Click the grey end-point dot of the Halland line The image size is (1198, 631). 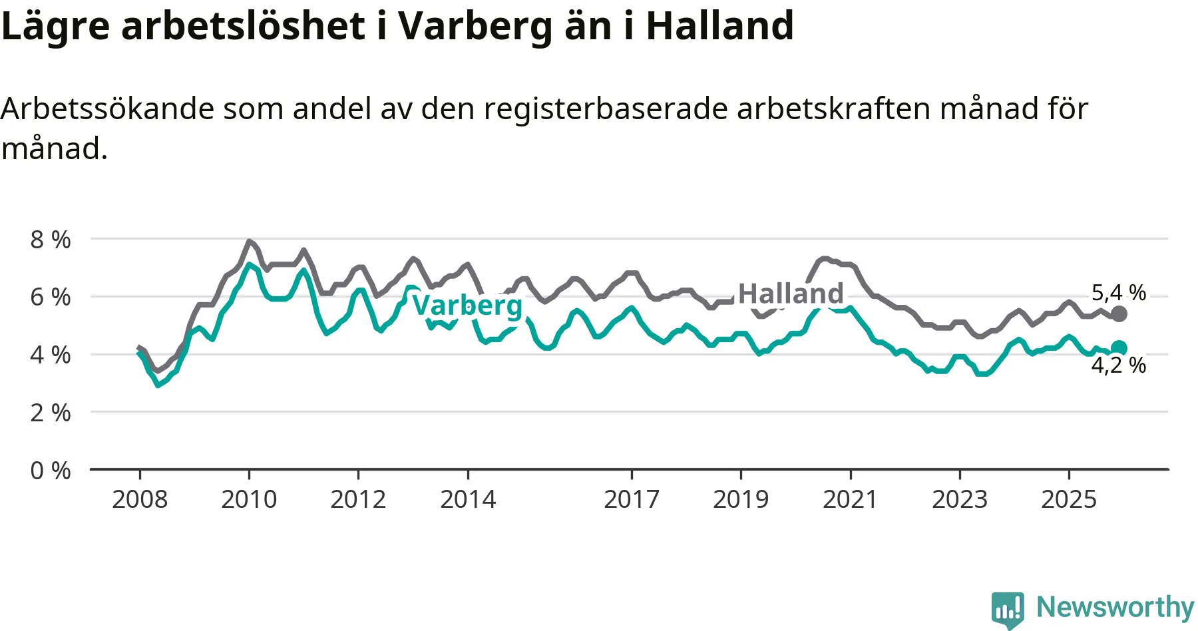click(1119, 314)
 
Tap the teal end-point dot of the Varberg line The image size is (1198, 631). click(1119, 347)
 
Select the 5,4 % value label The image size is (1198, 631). click(1118, 292)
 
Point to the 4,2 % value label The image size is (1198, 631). click(1118, 365)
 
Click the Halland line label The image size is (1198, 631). click(791, 294)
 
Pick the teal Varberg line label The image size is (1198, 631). click(467, 306)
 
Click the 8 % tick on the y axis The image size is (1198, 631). click(51, 240)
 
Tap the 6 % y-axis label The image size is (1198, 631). click(51, 297)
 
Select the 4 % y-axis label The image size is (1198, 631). click(51, 355)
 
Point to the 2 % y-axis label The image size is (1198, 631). click(51, 413)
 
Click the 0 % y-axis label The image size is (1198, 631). click(51, 471)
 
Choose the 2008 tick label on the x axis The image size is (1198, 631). click(140, 499)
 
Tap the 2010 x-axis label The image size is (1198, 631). click(249, 499)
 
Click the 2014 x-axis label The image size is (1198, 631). click(468, 499)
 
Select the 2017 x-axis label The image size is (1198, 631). click(632, 499)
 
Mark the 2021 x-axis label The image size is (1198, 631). click(850, 499)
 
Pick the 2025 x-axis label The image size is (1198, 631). click(1069, 499)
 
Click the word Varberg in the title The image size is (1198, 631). click(475, 27)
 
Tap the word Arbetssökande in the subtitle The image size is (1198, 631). click(107, 108)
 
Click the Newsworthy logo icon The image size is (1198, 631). click(1007, 608)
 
